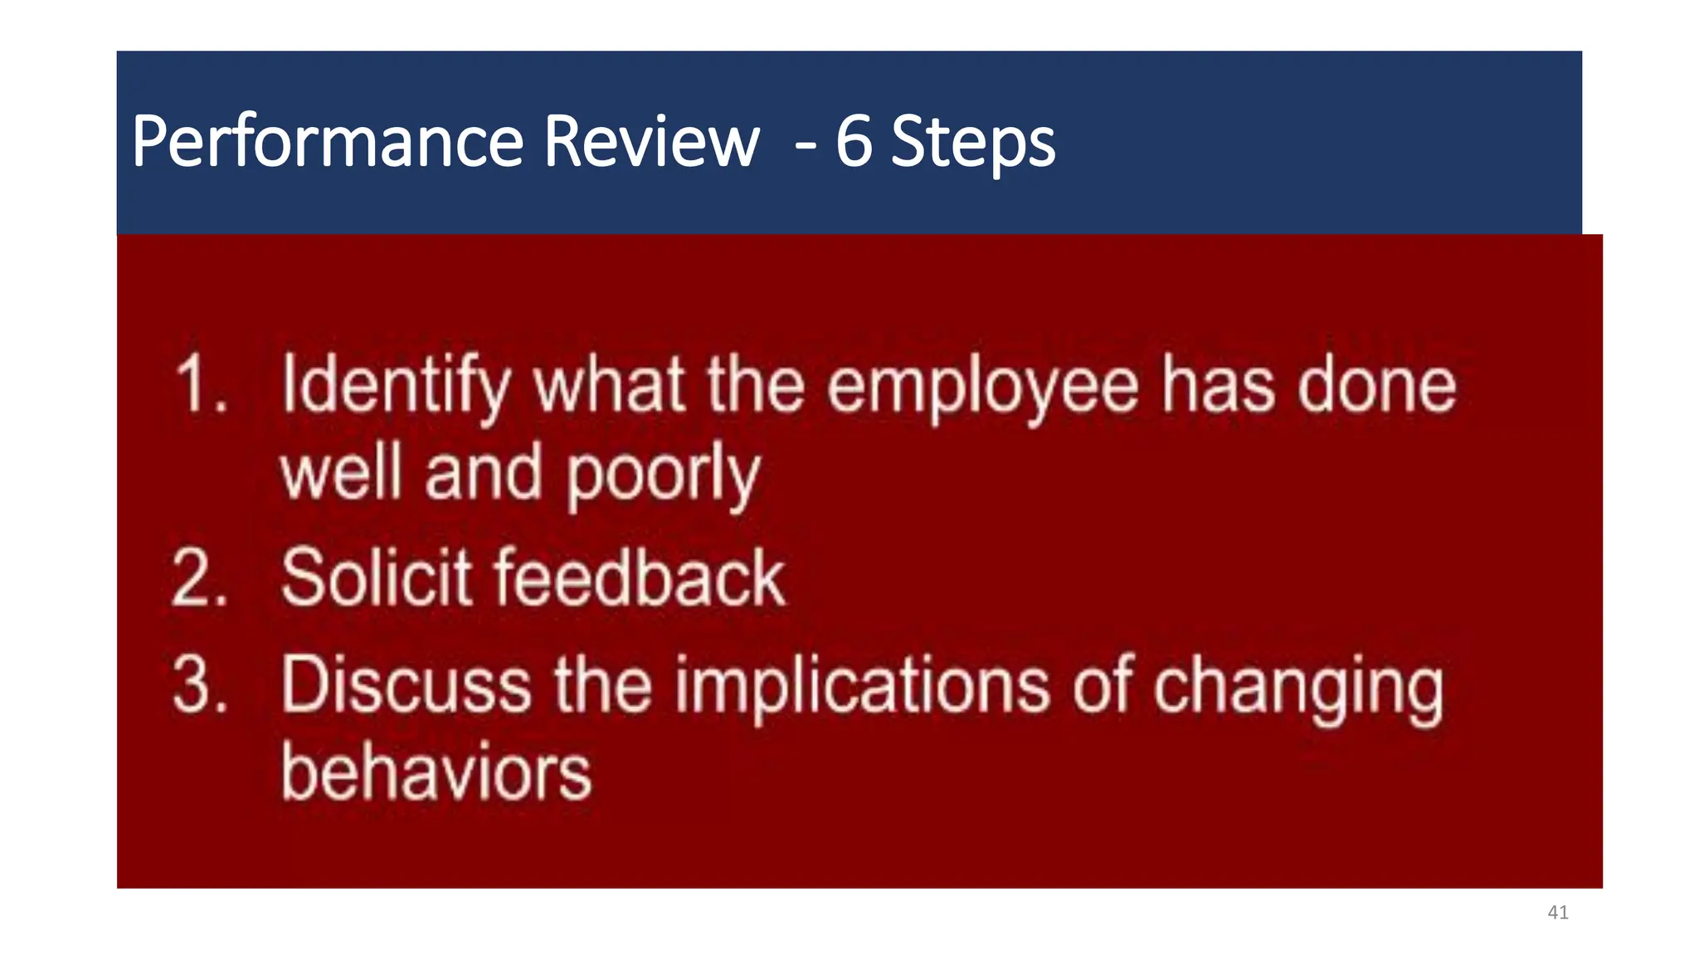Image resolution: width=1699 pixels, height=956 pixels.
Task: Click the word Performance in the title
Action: [x=327, y=142]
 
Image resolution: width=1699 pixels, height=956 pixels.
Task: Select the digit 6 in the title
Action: [x=854, y=142]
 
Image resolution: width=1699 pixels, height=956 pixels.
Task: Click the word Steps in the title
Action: [x=972, y=144]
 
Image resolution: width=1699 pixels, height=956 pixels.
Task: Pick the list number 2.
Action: [x=199, y=578]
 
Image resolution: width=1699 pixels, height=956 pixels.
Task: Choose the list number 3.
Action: [x=200, y=685]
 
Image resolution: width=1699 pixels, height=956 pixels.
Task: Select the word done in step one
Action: [x=1376, y=384]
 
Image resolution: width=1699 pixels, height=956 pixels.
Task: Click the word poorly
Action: [x=663, y=476]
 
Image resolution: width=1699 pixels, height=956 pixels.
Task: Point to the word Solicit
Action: [x=377, y=578]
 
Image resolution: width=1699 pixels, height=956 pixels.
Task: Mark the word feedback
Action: [x=640, y=578]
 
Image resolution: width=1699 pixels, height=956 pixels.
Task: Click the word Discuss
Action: [x=406, y=685]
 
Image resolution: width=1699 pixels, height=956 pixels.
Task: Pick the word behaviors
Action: [x=436, y=773]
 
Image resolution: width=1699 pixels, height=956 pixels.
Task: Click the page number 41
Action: [x=1558, y=913]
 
